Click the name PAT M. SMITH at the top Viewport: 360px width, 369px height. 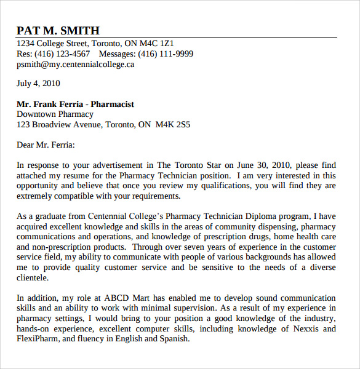tap(58, 30)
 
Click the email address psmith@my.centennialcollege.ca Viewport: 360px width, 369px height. tap(75, 65)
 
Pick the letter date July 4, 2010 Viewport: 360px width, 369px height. tap(38, 84)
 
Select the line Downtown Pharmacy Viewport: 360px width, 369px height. tap(55, 114)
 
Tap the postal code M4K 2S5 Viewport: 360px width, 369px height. tap(173, 125)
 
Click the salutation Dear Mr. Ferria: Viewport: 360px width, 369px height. tap(46, 145)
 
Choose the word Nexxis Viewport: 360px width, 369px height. tap(302, 328)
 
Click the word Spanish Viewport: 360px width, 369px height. tap(175, 339)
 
